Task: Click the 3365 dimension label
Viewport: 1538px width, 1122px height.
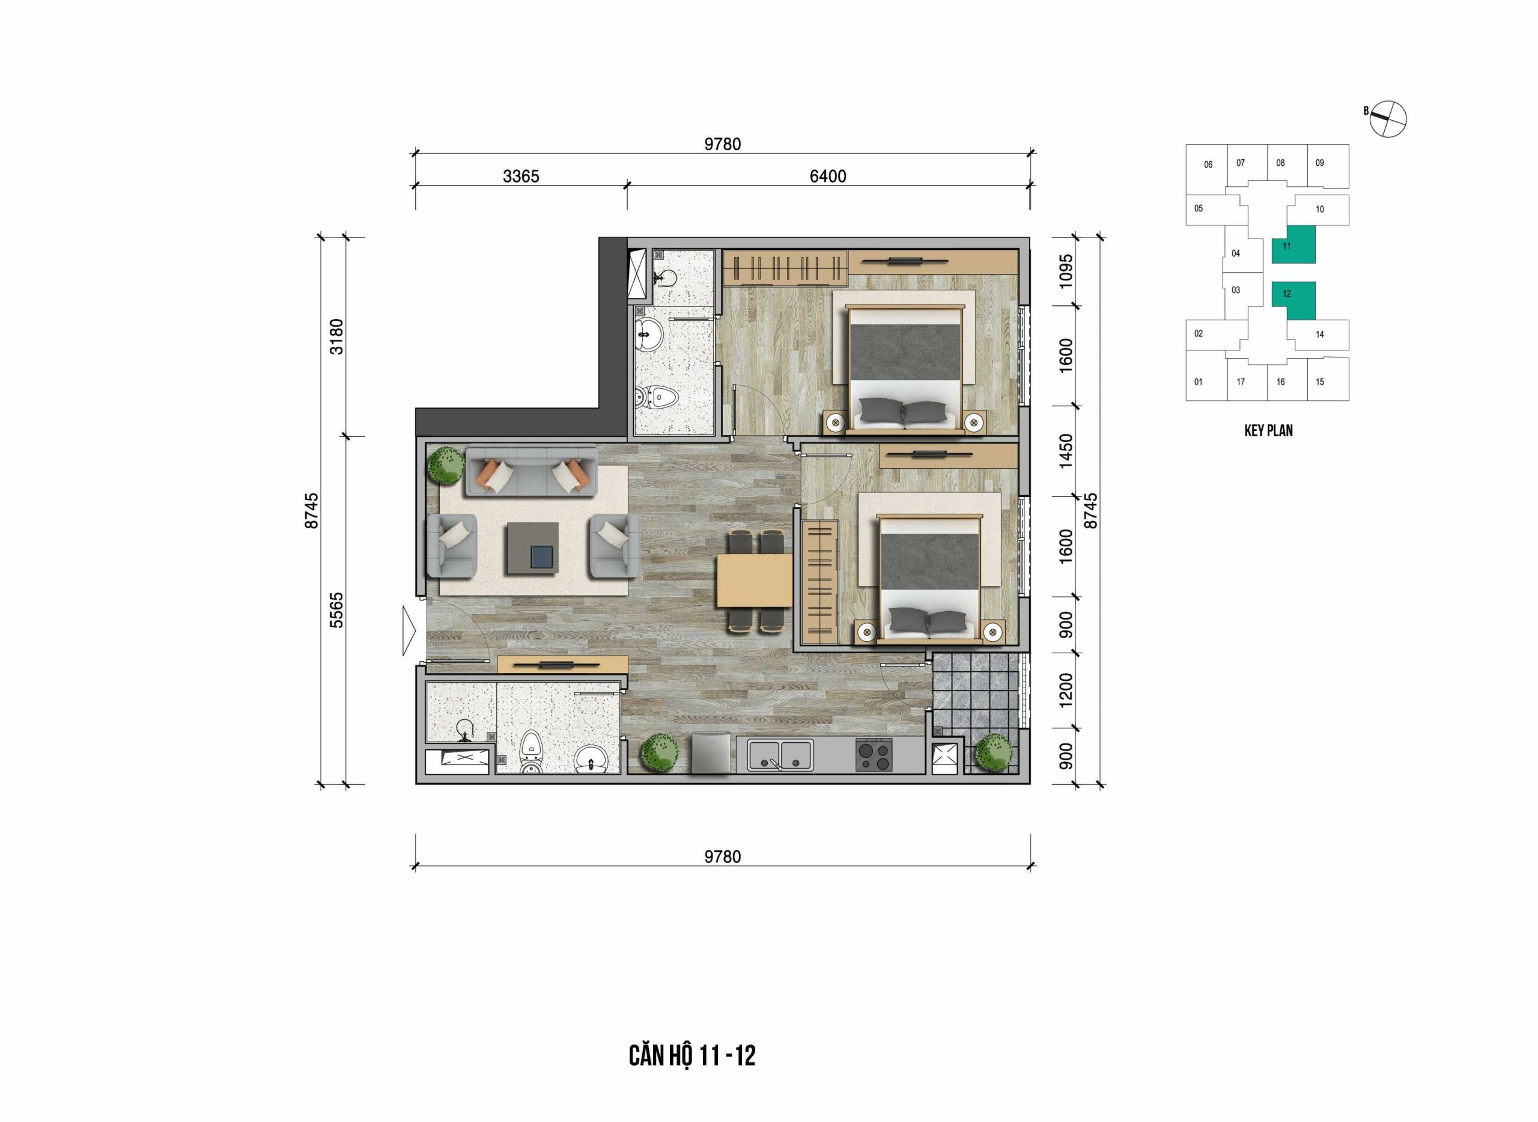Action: [x=521, y=177]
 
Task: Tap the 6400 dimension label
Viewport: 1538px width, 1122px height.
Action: [x=828, y=177]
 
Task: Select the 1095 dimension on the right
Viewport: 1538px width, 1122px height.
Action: [x=1066, y=271]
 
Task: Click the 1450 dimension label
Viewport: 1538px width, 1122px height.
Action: [x=1066, y=451]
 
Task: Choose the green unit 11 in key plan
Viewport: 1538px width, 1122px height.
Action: [x=1293, y=245]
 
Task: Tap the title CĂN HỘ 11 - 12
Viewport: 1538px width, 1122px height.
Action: [x=692, y=1056]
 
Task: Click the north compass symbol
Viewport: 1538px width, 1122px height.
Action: [x=1387, y=118]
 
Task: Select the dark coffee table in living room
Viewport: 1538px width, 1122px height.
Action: [x=531, y=548]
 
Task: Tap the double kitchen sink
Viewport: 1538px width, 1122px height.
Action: [x=780, y=755]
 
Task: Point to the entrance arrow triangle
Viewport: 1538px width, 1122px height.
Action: [x=409, y=631]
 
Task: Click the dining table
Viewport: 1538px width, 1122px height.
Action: [x=755, y=581]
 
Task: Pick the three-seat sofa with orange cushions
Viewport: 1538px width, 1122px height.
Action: [x=530, y=472]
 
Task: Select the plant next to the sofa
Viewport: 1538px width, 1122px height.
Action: [x=445, y=465]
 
